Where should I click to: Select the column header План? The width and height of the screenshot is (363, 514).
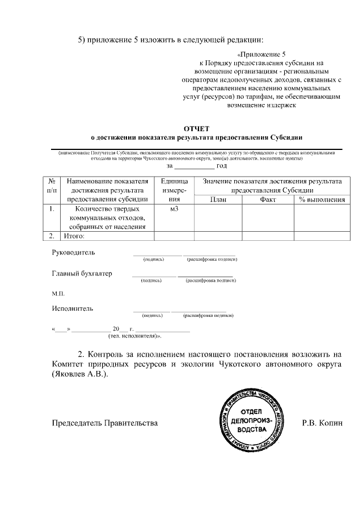coord(218,199)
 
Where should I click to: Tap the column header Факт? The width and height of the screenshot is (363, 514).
coord(268,199)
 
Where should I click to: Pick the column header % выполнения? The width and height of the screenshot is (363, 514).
coord(322,199)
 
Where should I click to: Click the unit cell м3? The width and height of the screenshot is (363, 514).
coord(174,209)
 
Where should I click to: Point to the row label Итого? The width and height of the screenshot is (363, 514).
coord(74,236)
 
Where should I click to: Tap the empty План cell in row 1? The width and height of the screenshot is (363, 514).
coord(218,218)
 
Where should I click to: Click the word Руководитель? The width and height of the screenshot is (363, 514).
coord(74,252)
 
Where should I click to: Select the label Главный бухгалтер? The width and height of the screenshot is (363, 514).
coord(82,273)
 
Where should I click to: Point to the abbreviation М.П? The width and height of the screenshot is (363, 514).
coord(58,293)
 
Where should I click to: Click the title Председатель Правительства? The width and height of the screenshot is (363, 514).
coord(104,423)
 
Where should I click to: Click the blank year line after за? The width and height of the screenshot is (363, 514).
coord(194,166)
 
